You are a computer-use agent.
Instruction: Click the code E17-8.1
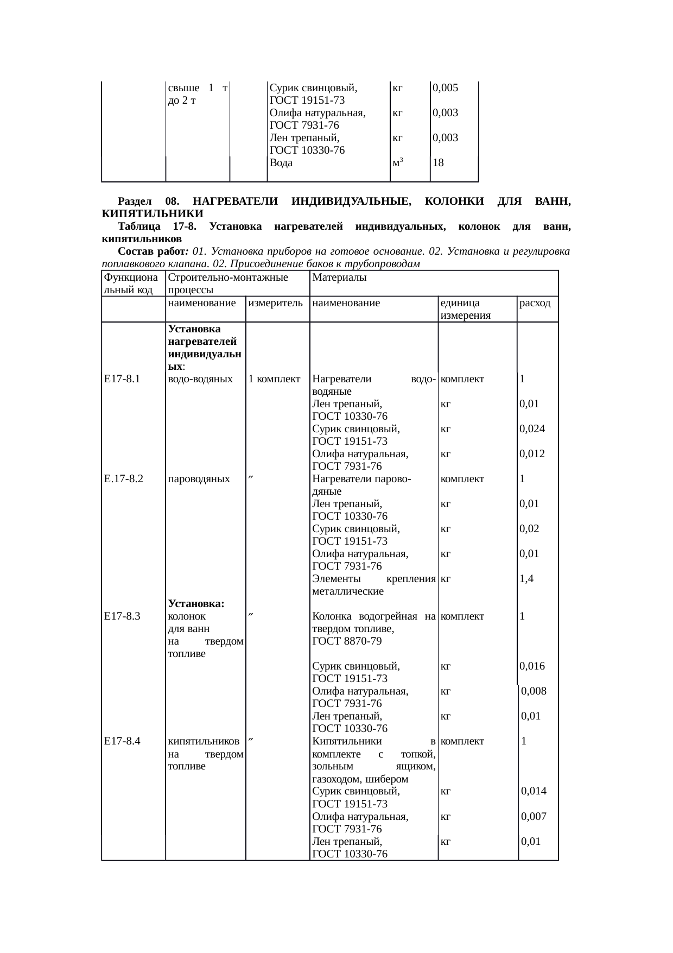pyautogui.click(x=123, y=379)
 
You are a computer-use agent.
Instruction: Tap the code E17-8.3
pyautogui.click(x=123, y=616)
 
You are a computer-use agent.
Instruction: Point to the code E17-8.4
pyautogui.click(x=123, y=741)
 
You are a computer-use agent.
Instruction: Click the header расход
pyautogui.click(x=535, y=303)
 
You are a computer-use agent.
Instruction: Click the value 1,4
pyautogui.click(x=526, y=579)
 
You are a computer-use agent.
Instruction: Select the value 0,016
pyautogui.click(x=532, y=666)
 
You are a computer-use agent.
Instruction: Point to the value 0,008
pyautogui.click(x=534, y=691)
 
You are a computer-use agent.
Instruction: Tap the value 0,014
pyautogui.click(x=534, y=791)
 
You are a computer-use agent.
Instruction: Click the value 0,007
pyautogui.click(x=534, y=816)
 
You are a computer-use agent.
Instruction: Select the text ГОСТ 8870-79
pyautogui.click(x=346, y=641)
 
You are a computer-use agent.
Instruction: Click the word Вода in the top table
pyautogui.click(x=281, y=162)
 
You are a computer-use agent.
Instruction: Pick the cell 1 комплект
pyautogui.click(x=274, y=379)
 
